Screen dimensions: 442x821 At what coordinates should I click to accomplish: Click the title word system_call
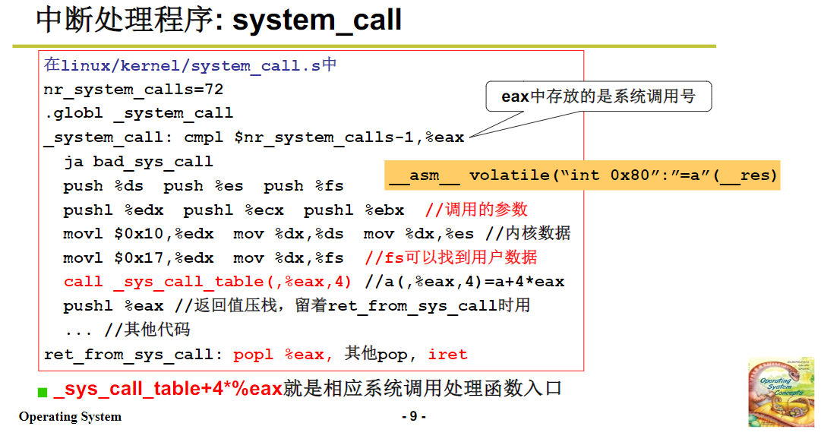317,20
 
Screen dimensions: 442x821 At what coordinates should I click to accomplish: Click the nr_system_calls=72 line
134,89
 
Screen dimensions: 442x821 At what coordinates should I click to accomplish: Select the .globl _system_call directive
138,113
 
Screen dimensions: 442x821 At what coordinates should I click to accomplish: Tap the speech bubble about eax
598,97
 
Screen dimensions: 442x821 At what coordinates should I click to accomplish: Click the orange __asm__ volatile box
583,175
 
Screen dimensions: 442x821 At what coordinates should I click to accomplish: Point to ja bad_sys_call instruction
138,162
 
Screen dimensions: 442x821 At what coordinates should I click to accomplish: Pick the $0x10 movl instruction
138,234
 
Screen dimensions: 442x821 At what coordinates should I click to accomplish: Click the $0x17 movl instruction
138,258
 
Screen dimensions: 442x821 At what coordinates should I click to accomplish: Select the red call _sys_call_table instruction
207,282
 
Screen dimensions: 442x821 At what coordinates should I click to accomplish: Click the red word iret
448,355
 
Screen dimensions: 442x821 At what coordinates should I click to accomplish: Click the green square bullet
43,392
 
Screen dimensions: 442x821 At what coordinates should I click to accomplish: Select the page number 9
413,416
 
